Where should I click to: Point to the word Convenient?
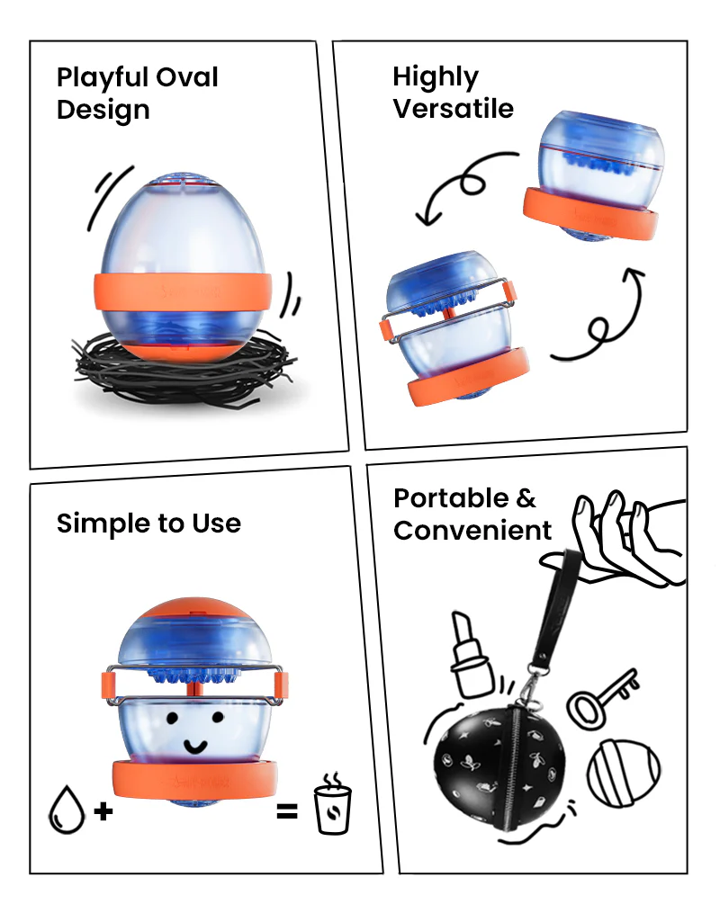(x=472, y=531)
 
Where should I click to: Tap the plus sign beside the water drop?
(x=104, y=811)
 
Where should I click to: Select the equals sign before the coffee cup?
(x=286, y=811)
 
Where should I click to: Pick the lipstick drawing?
(x=472, y=653)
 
